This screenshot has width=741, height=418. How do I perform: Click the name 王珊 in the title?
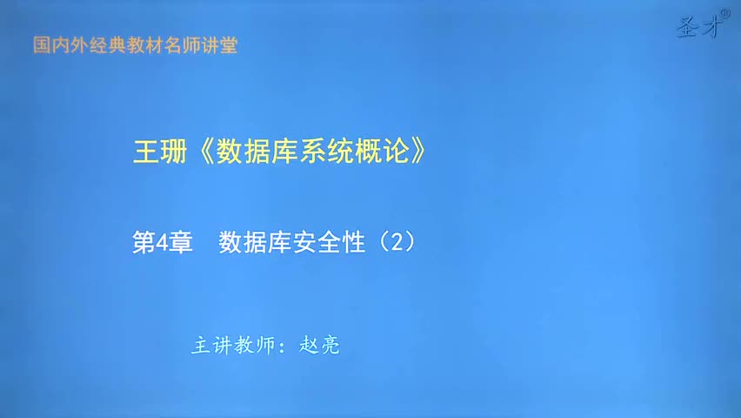[158, 152]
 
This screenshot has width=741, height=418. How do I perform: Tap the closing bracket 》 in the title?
[419, 152]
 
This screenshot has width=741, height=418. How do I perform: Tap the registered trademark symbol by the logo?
[725, 16]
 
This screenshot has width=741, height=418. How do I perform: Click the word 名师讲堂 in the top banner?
[206, 45]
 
